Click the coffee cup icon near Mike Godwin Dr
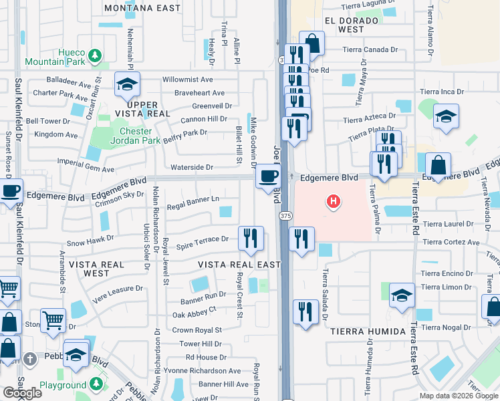(268, 176)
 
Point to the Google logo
(22, 393)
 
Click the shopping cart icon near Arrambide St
(53, 320)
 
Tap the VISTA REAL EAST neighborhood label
(239, 265)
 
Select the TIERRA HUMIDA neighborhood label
(367, 331)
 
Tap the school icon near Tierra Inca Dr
(446, 116)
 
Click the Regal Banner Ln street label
(193, 199)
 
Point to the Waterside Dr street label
(191, 167)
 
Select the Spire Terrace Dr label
(203, 246)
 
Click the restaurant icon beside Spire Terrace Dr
(251, 237)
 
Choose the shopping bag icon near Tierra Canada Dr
(311, 43)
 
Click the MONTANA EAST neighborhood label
(142, 8)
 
